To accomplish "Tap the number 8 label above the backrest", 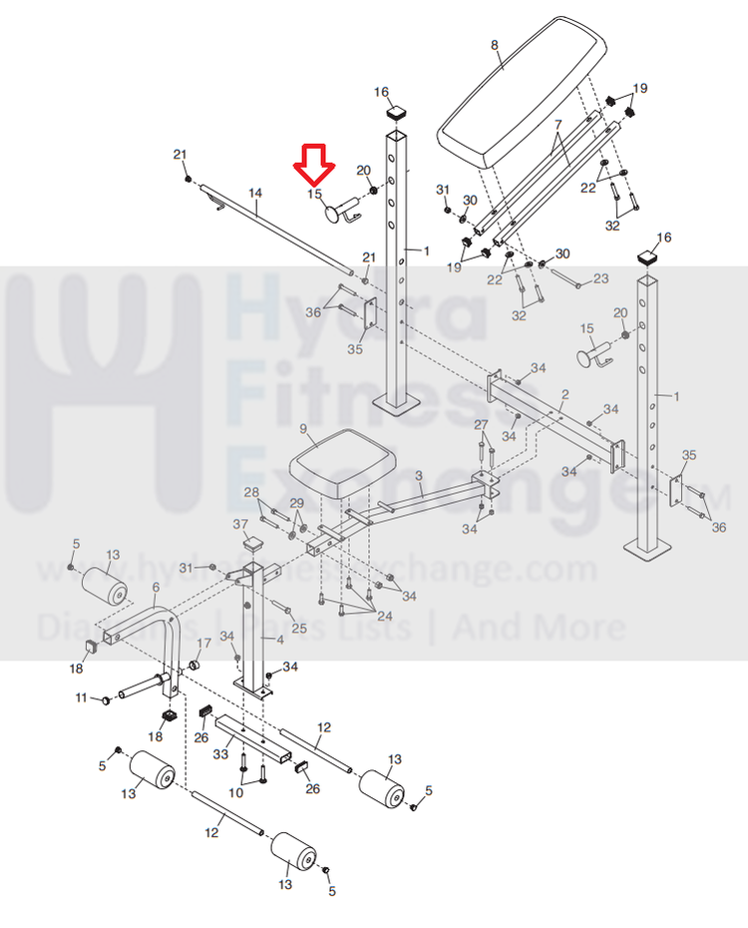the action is pos(494,45).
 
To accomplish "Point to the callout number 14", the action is pos(254,192).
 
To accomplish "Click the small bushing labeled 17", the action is pos(194,664).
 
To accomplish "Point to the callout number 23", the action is pos(600,278).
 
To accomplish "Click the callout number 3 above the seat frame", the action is pos(419,475).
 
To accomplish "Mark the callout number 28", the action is pos(251,492).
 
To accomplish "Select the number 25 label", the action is pos(299,627).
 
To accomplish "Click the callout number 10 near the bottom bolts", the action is pos(235,792).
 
